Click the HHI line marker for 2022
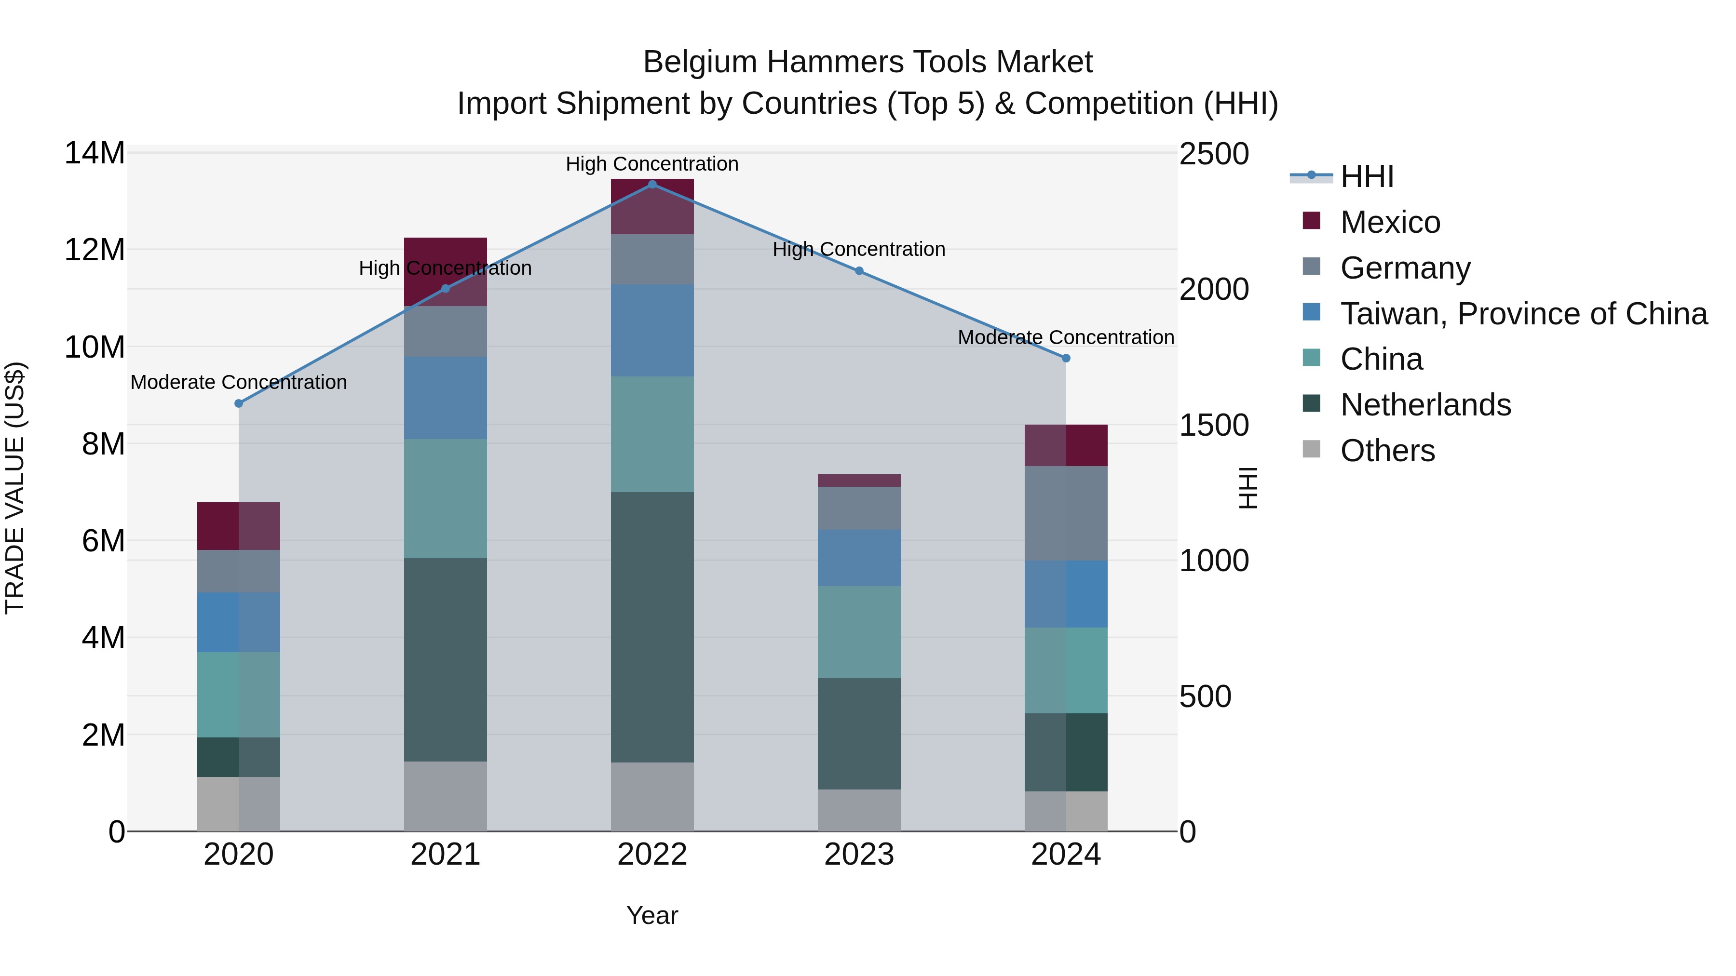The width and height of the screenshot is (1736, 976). pyautogui.click(x=651, y=184)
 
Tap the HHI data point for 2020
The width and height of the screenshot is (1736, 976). pyautogui.click(x=239, y=403)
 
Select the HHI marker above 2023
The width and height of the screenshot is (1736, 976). pyautogui.click(x=858, y=271)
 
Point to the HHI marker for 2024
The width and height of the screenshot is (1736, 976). pyautogui.click(x=1065, y=358)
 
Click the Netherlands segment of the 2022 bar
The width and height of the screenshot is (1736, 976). pyautogui.click(x=651, y=627)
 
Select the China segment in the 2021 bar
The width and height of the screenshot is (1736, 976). pyautogui.click(x=445, y=498)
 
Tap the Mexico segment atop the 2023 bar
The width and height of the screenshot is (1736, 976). pyautogui.click(x=858, y=480)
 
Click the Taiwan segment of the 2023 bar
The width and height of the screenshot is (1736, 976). pyautogui.click(x=858, y=557)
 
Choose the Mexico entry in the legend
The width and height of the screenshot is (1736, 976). pyautogui.click(x=1390, y=222)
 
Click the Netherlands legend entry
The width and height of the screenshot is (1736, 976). pyautogui.click(x=1425, y=405)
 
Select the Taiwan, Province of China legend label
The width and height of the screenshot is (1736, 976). pyautogui.click(x=1523, y=314)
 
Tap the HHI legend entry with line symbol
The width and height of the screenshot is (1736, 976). pyautogui.click(x=1366, y=176)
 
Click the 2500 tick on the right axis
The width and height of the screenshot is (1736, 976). pyautogui.click(x=1213, y=154)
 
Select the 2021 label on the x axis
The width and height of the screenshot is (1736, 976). pyautogui.click(x=445, y=855)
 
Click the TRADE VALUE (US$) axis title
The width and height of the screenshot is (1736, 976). pyautogui.click(x=15, y=488)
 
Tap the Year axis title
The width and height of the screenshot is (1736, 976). pyautogui.click(x=651, y=915)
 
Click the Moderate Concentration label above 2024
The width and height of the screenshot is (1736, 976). pyautogui.click(x=1065, y=337)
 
